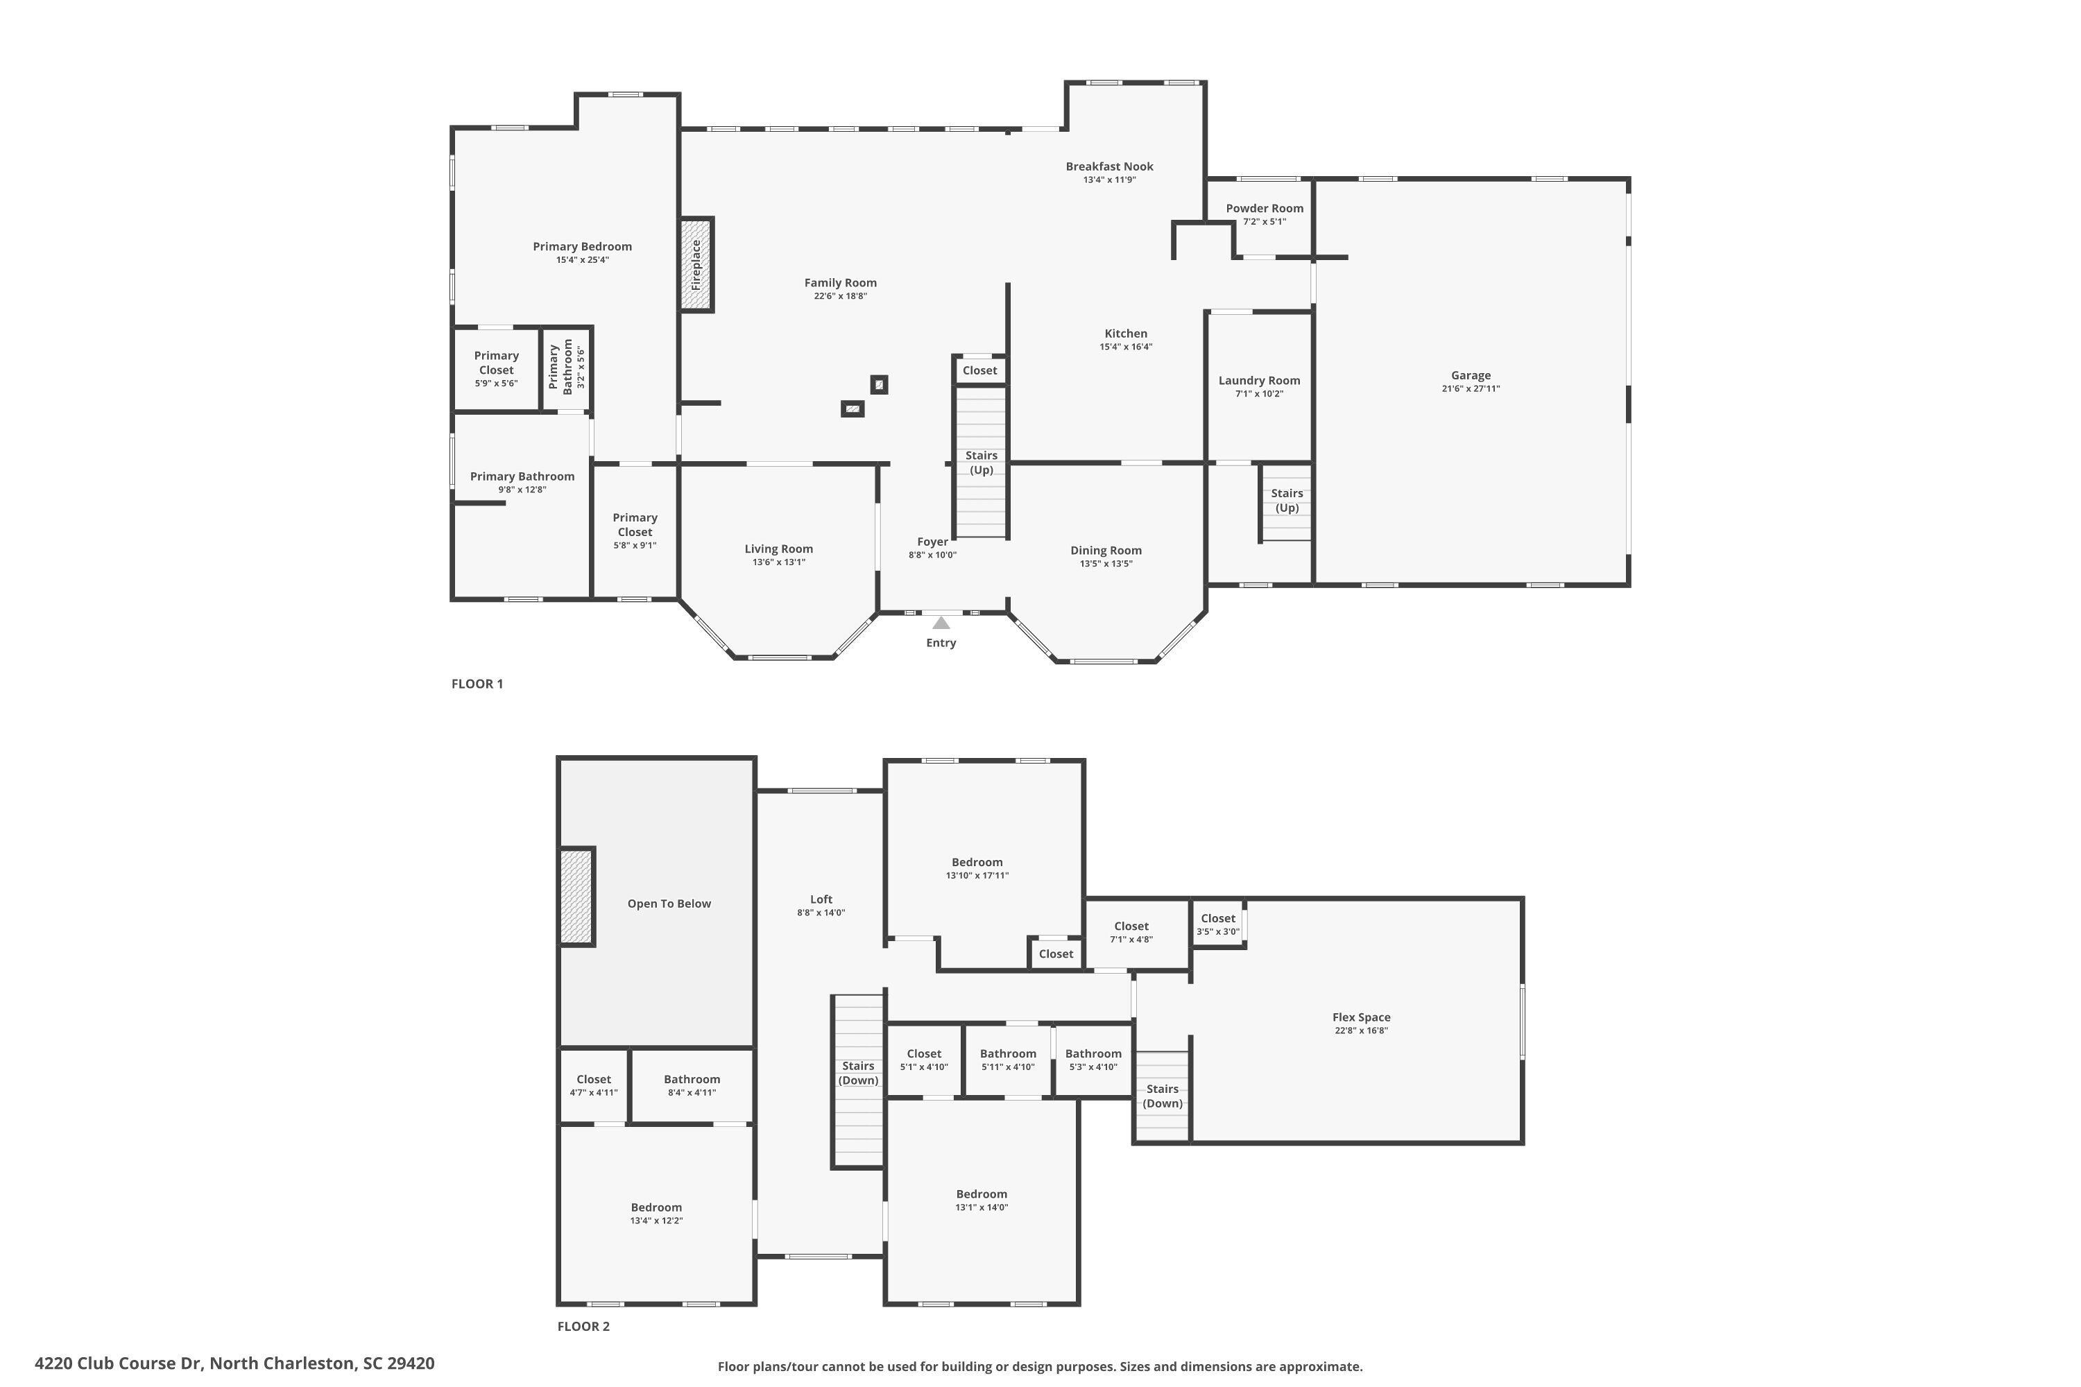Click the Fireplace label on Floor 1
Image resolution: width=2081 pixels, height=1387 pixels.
point(696,264)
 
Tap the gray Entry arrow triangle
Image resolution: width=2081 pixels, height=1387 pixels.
point(941,623)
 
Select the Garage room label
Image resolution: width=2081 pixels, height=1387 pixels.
point(1471,375)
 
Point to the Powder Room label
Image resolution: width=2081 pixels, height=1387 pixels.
point(1265,209)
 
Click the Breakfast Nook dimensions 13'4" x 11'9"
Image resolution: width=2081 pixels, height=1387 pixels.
point(1109,180)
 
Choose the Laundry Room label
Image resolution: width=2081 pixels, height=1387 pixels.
point(1259,380)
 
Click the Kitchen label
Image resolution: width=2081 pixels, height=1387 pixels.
point(1125,334)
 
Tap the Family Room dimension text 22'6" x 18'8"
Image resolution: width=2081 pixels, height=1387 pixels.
point(841,296)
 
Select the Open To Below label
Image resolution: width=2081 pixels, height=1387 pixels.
point(669,903)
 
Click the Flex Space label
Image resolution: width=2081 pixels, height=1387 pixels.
point(1361,1017)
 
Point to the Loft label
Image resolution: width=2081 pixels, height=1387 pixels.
point(821,899)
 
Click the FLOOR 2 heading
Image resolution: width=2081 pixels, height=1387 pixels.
point(583,1326)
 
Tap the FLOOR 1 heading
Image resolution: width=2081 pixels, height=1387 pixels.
point(477,684)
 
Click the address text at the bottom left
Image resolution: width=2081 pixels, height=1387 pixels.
point(234,1363)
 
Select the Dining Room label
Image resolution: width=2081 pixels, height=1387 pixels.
point(1106,550)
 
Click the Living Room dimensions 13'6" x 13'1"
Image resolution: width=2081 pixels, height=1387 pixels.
point(778,562)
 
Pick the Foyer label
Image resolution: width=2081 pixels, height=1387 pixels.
point(932,542)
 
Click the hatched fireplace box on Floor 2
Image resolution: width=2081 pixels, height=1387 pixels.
point(577,897)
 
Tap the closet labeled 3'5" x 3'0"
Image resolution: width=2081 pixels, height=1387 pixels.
point(1218,924)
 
